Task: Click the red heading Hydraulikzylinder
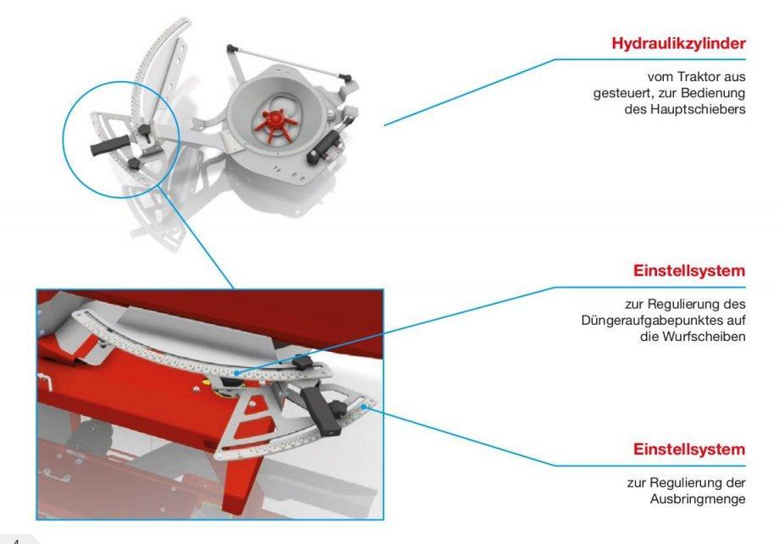click(678, 44)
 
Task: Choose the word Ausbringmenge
click(698, 499)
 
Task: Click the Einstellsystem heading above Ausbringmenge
click(689, 449)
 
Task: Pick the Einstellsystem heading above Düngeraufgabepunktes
click(689, 271)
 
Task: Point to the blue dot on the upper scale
click(237, 372)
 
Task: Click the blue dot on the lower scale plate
click(363, 406)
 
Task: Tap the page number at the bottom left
click(15, 541)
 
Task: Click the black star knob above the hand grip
click(145, 129)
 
